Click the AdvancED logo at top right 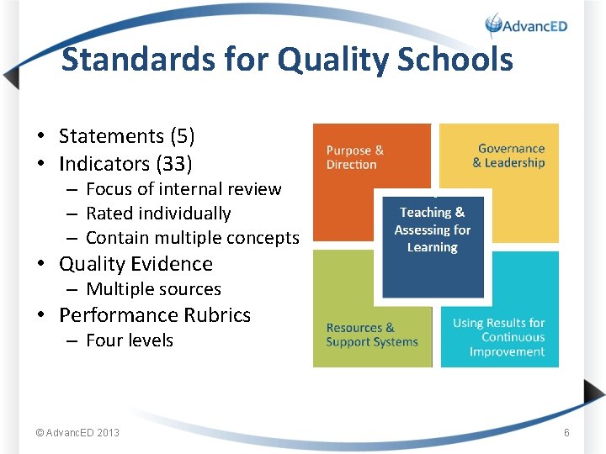click(527, 25)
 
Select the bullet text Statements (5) click(126, 136)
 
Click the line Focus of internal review click(183, 189)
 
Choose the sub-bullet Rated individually click(158, 214)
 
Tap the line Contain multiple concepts click(192, 238)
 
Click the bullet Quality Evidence click(136, 264)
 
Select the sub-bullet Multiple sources click(153, 289)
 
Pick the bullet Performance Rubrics click(155, 315)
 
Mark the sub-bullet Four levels click(130, 340)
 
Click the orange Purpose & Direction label click(355, 157)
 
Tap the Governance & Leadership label click(509, 156)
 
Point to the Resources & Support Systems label click(372, 335)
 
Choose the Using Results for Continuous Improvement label click(499, 337)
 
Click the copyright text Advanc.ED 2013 click(77, 433)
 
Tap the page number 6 click(566, 433)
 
